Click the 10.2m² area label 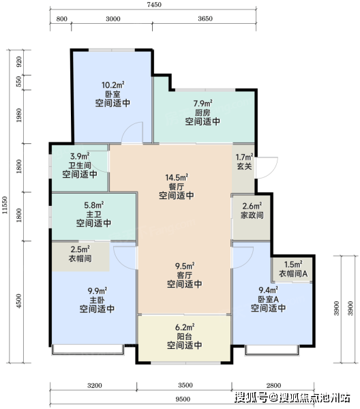pos(112,85)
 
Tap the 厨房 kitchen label pos(202,112)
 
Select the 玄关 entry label pos(244,166)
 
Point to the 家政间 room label pos(252,215)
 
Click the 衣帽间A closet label pos(293,273)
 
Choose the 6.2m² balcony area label pos(185,327)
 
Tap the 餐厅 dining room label pos(177,187)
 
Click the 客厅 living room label pos(185,275)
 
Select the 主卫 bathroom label pos(93,215)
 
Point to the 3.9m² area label pos(80,157)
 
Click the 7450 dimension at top pos(154,5)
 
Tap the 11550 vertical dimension pos(5,205)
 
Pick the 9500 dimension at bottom pos(183,399)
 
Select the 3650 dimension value pos(205,19)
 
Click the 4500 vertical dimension pos(19,301)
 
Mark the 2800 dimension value pos(273,386)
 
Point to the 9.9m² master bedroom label pos(97,291)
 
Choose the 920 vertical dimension pos(19,62)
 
